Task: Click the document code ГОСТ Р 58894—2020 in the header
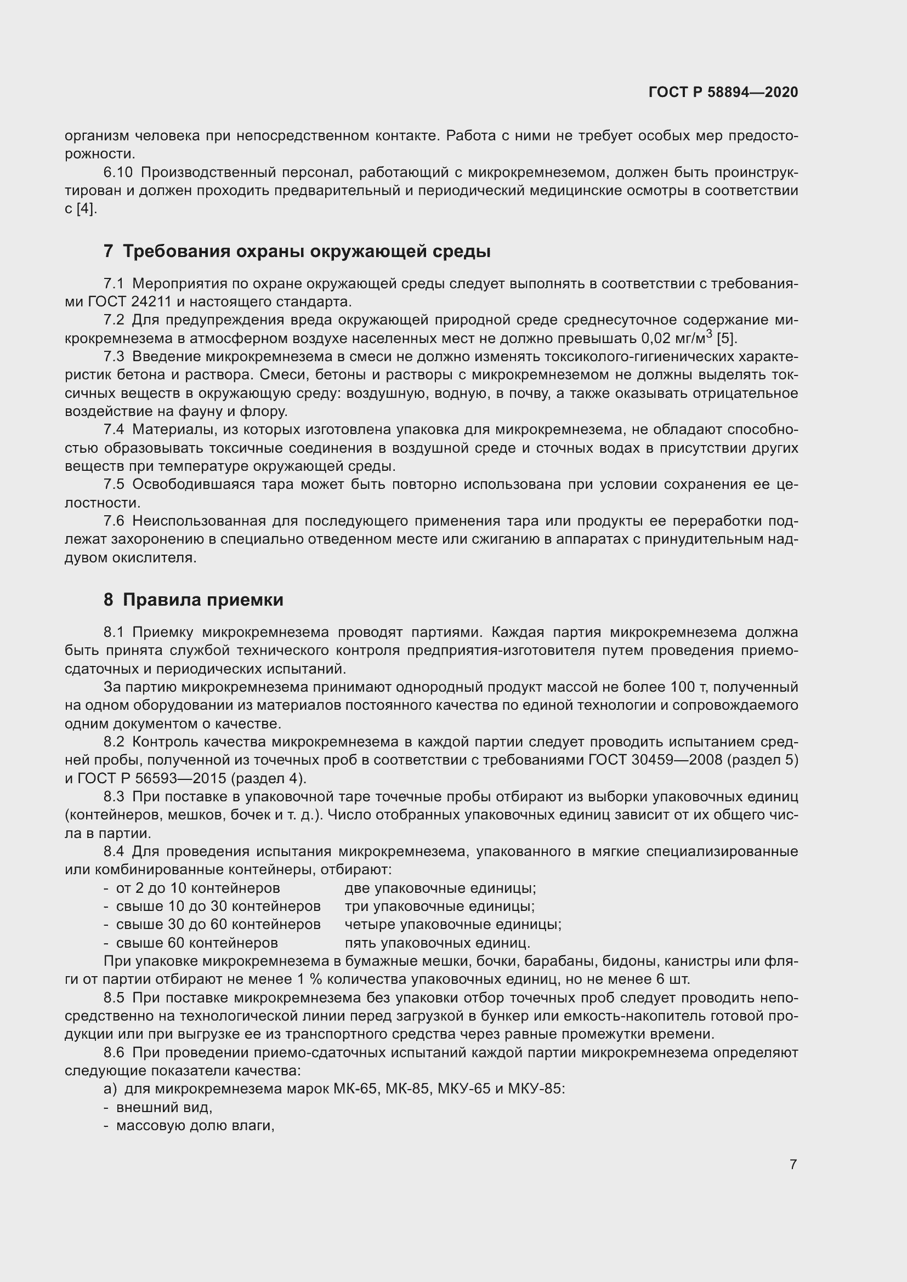(x=723, y=92)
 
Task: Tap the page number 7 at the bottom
(x=793, y=1164)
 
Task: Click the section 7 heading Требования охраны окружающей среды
(x=297, y=251)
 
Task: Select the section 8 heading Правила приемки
(x=193, y=600)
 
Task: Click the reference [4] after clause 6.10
(x=87, y=209)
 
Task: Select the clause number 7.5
(x=114, y=484)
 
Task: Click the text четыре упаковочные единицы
(x=452, y=924)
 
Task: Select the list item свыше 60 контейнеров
(x=197, y=943)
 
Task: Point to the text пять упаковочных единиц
(x=437, y=943)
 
